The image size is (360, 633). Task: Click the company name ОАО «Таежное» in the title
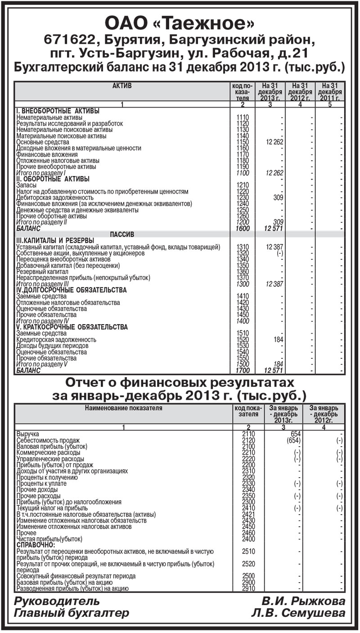180,23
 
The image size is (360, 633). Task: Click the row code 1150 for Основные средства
242,142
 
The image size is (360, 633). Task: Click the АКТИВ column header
121,86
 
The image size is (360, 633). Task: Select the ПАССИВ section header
122,235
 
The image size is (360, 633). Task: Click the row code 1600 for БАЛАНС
242,229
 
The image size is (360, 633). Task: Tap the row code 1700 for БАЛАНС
242,371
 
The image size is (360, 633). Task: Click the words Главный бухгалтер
72,613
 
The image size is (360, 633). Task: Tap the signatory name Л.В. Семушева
298,613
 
